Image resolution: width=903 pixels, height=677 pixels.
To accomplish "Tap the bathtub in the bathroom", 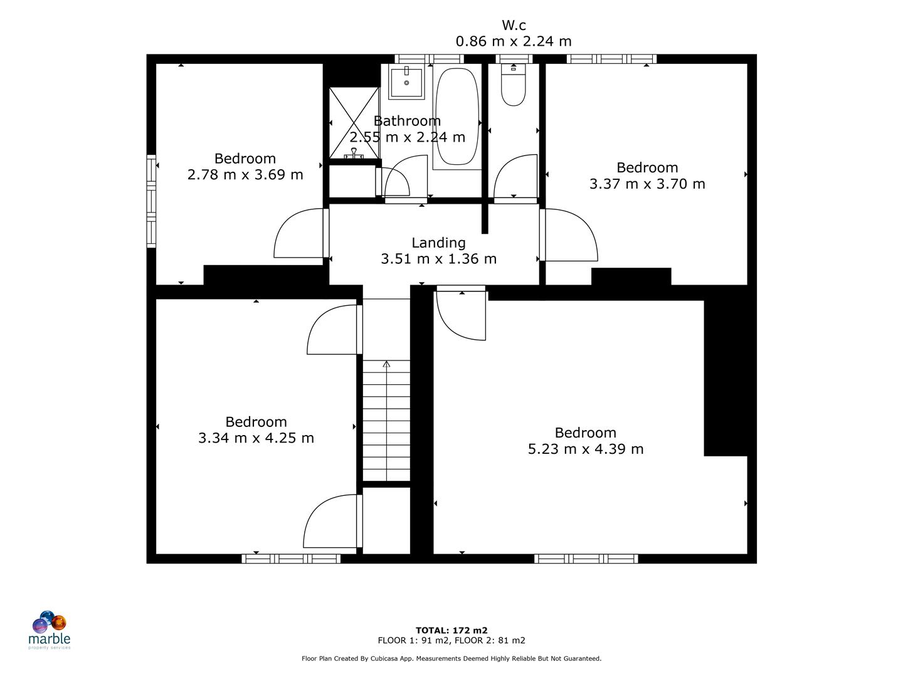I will (457, 117).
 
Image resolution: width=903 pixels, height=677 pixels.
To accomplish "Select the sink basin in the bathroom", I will (406, 82).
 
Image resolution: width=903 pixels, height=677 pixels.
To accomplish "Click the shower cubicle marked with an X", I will (354, 122).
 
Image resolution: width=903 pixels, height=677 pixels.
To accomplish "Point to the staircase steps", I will (386, 420).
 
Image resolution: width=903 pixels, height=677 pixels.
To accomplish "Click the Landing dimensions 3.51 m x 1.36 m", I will (438, 258).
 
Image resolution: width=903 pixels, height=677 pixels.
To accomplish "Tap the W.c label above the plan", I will (514, 25).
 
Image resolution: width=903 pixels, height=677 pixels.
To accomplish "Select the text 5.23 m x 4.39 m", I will (585, 449).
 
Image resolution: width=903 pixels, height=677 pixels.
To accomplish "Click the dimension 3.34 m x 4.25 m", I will (256, 438).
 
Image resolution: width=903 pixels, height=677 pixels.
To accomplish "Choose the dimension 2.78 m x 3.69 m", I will (245, 174).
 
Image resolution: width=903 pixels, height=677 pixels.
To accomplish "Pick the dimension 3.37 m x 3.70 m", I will (647, 184).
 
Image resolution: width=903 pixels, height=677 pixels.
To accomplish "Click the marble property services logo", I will (50, 629).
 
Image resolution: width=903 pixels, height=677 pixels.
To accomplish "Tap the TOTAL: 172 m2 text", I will (451, 630).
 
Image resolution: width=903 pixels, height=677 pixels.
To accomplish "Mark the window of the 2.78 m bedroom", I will (151, 201).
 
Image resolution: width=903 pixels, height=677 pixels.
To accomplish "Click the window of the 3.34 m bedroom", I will (291, 558).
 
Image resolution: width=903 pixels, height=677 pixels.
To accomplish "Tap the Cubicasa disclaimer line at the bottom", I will (451, 658).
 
